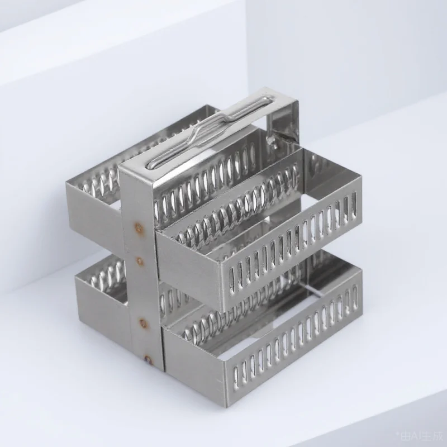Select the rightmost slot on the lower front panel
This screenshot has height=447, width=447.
(355, 294)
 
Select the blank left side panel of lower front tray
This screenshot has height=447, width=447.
(193, 363)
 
